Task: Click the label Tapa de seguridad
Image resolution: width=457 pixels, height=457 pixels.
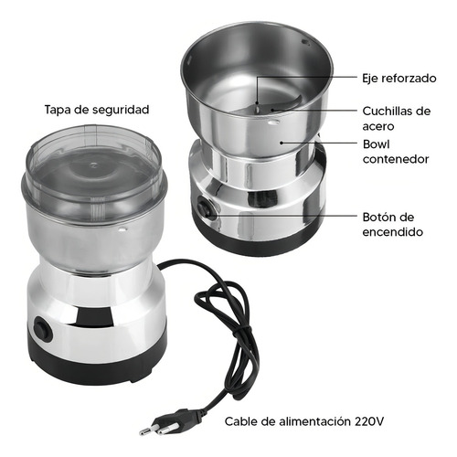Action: [97, 110]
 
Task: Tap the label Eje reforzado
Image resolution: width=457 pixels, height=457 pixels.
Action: [399, 79]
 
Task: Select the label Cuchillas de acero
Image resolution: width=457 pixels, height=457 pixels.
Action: [397, 119]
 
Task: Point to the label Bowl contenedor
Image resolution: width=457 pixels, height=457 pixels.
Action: [396, 152]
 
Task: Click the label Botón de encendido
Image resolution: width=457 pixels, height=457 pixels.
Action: [393, 225]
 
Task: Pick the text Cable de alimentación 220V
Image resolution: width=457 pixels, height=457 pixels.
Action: [304, 421]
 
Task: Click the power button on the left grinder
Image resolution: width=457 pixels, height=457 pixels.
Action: [42, 330]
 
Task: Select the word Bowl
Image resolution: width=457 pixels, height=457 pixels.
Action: [377, 144]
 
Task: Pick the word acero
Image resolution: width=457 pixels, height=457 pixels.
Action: [378, 126]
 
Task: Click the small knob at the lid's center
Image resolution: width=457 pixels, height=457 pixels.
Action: [94, 165]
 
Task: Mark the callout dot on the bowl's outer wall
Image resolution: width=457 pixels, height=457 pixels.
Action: [282, 143]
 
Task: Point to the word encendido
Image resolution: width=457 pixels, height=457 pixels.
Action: [393, 232]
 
